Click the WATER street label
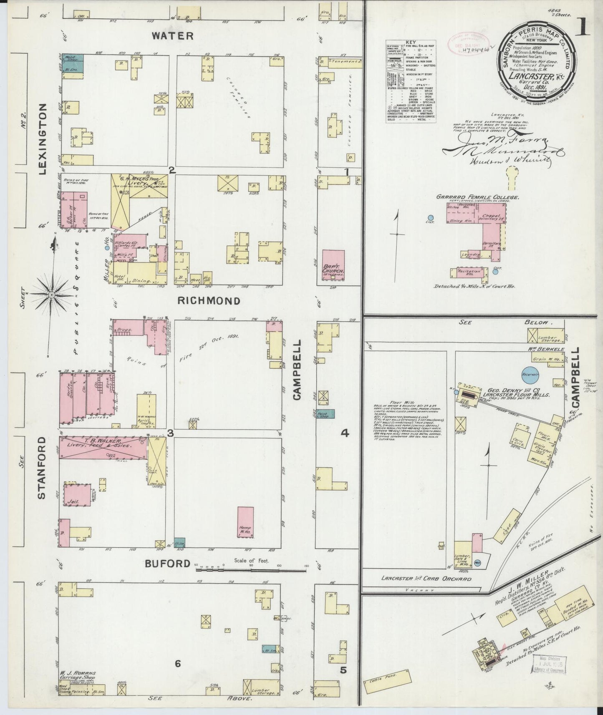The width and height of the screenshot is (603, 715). click(172, 36)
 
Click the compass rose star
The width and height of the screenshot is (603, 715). click(51, 295)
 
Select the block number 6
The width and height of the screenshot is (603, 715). click(177, 663)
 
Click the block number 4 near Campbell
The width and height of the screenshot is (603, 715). click(345, 433)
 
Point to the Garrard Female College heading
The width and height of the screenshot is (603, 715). click(477, 197)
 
